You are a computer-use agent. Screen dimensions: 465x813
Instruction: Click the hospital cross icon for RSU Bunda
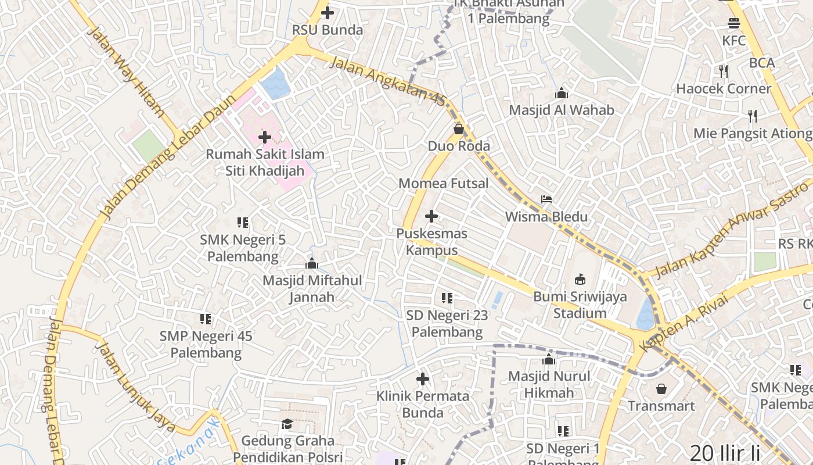[x=328, y=12]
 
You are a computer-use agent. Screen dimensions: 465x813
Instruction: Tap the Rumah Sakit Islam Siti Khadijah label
[x=265, y=163]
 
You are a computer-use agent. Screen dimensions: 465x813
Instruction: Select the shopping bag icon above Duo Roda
[x=459, y=128]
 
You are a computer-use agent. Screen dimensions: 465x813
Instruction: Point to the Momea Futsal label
[x=444, y=184]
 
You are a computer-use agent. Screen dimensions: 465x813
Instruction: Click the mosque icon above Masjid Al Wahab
[x=561, y=93]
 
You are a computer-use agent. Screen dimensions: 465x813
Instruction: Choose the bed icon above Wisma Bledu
[x=546, y=199]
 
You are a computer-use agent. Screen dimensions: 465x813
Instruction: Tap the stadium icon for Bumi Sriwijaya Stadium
[x=580, y=280]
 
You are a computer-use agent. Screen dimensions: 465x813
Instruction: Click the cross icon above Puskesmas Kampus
[x=431, y=216]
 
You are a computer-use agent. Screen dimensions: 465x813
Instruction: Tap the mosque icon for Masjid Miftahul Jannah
[x=312, y=263]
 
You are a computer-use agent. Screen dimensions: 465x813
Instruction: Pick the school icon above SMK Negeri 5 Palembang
[x=243, y=222]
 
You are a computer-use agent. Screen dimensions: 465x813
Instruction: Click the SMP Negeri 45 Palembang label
[x=206, y=344]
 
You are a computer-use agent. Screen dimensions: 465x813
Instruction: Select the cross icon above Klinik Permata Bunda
[x=423, y=380]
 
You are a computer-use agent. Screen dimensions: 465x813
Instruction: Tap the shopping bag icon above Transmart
[x=661, y=388]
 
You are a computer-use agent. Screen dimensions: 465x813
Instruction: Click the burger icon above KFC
[x=734, y=23]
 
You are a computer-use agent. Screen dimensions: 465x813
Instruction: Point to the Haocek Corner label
[x=724, y=89]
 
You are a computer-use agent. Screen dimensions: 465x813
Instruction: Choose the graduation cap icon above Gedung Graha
[x=287, y=423]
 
